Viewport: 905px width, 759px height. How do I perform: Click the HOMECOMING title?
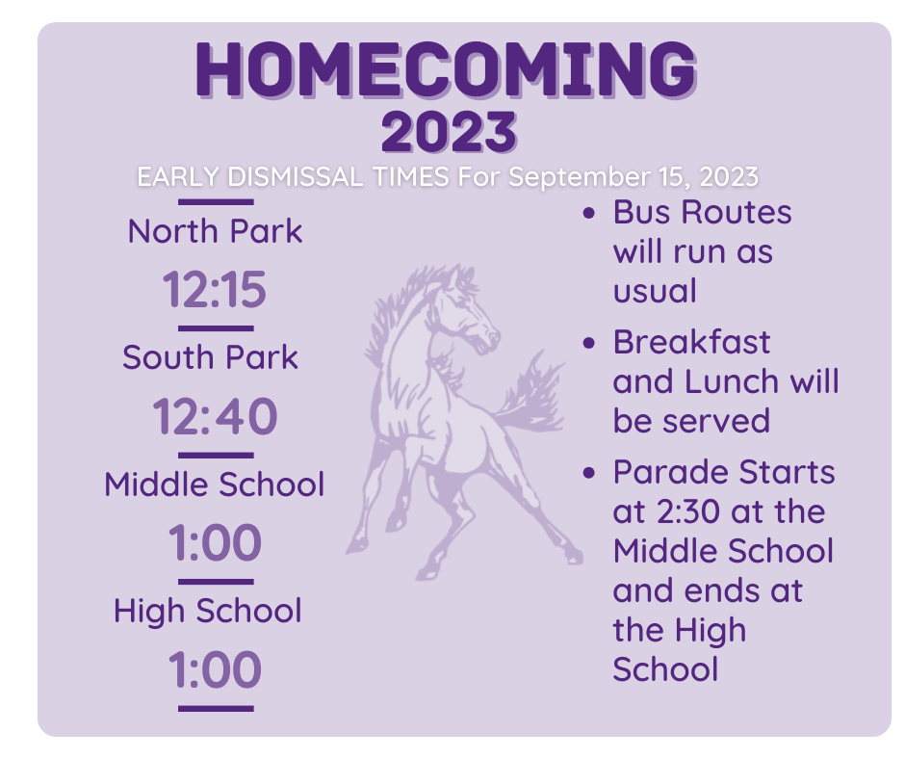coord(446,68)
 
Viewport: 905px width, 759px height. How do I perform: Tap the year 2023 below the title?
coord(449,132)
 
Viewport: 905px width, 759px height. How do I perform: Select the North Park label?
coord(215,231)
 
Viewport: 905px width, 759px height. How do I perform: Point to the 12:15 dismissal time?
coord(215,289)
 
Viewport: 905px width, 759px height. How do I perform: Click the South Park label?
coord(210,357)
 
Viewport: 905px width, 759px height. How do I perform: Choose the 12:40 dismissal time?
coord(215,416)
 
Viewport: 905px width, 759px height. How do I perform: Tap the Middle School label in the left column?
coord(214,484)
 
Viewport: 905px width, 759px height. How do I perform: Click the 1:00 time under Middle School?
coord(215,542)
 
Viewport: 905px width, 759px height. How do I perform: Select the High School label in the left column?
coord(208,611)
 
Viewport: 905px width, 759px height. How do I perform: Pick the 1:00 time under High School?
coord(215,669)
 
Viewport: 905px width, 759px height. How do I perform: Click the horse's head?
coord(468,312)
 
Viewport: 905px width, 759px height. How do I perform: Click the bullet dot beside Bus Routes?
coord(588,213)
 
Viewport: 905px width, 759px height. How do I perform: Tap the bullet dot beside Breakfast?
coord(588,343)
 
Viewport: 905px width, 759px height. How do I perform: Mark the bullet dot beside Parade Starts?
coord(588,473)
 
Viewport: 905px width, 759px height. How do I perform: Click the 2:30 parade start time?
coord(688,511)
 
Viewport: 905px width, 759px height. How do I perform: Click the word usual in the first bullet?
coord(655,291)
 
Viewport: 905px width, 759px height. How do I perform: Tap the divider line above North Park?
coord(216,202)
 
